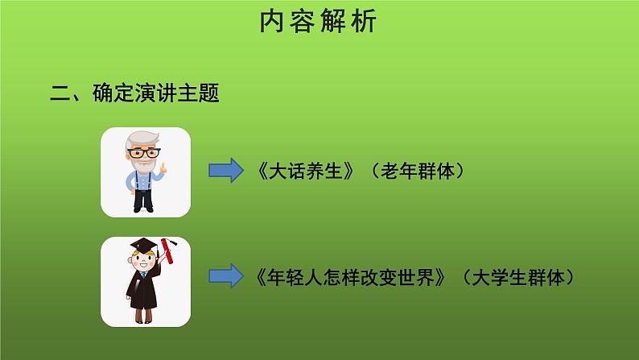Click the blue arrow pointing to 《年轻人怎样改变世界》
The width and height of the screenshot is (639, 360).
coord(225,275)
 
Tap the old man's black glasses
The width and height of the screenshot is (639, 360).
coord(143,152)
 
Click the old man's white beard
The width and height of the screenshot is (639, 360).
coord(143,164)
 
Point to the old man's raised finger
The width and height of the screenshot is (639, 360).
coord(163,168)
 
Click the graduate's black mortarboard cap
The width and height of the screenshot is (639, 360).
coord(142,244)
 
